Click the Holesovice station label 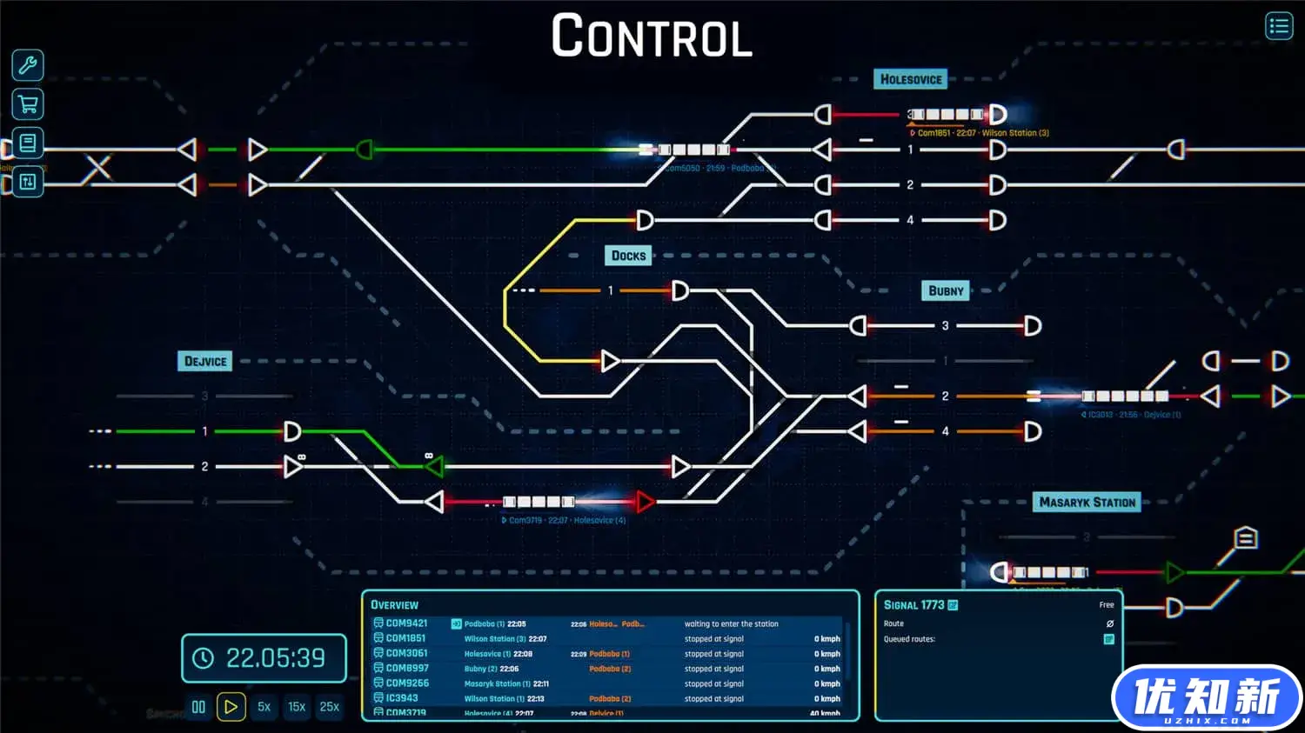click(910, 79)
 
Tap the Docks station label click(628, 256)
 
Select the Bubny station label click(946, 291)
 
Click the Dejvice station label click(205, 362)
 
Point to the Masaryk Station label click(1087, 503)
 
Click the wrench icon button click(28, 65)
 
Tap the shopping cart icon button click(28, 104)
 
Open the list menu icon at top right click(1278, 26)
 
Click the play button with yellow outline click(231, 707)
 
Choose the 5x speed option click(264, 707)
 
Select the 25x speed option click(330, 707)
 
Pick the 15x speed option click(297, 707)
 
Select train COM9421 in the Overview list click(406, 623)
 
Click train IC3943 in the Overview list click(402, 698)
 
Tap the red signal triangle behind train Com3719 click(645, 502)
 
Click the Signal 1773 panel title click(913, 605)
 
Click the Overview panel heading click(394, 605)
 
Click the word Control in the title click(652, 37)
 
